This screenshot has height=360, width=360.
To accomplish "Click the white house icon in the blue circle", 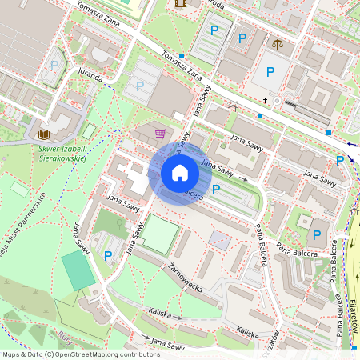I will point(180,172).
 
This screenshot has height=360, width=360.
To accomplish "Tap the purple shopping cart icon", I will point(160,134).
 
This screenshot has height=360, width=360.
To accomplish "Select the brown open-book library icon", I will point(44,134).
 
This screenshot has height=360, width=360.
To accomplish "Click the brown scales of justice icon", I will point(277,45).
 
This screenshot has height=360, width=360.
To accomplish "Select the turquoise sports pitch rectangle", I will point(78,270).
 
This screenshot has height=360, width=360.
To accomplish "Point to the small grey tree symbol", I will point(233,108).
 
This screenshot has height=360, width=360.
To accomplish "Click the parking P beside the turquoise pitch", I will point(108,256).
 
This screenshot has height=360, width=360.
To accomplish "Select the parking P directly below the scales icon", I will point(270,72).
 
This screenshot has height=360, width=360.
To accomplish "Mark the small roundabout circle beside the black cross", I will point(278,102).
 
